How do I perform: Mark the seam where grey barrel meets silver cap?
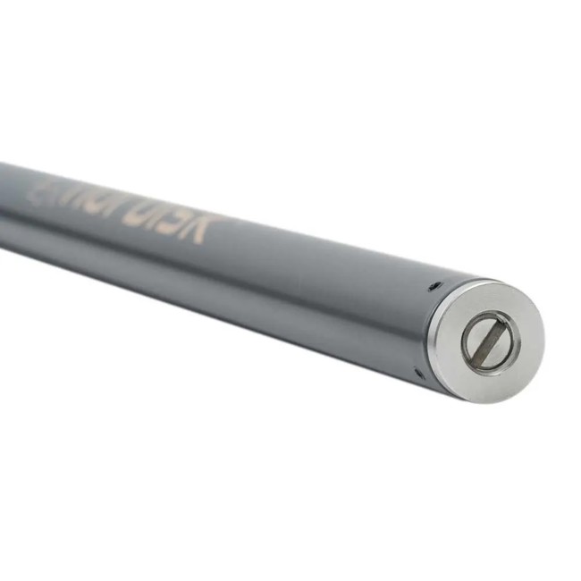tap(427, 326)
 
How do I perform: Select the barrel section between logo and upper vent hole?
tap(313, 259)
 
